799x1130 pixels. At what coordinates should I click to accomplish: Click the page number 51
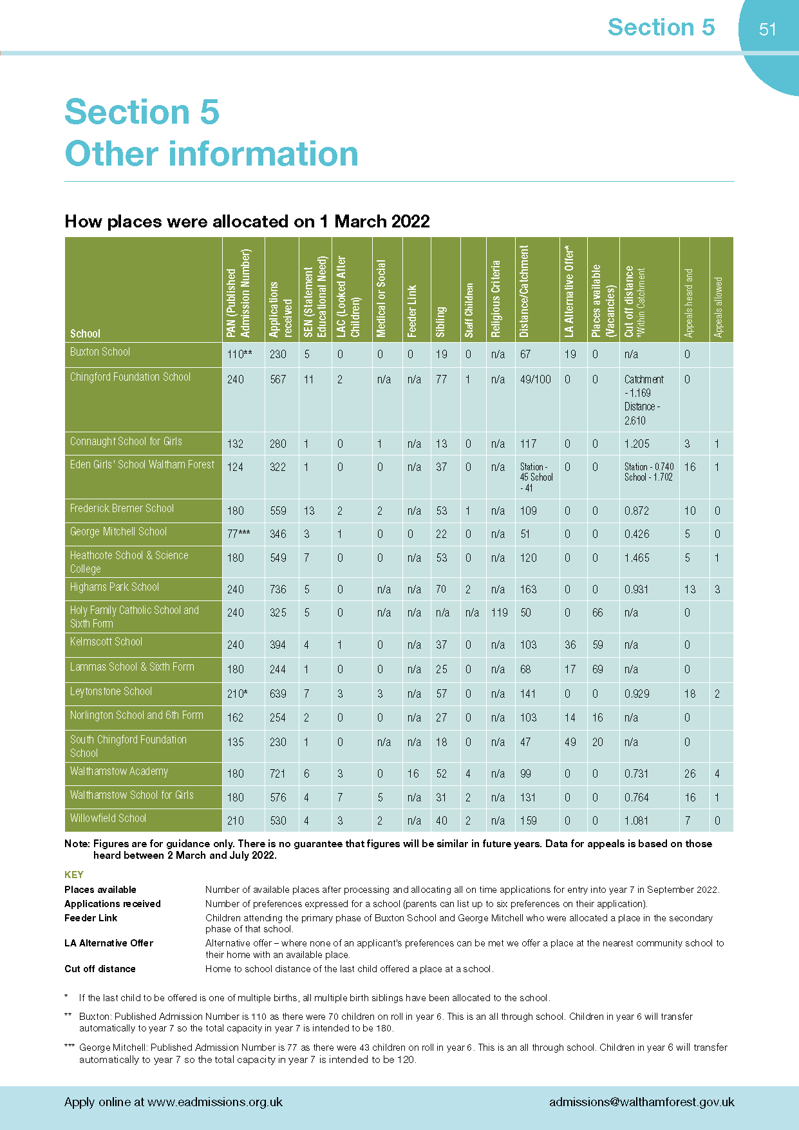pos(767,29)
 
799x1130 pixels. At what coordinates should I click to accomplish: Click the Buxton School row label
pos(100,352)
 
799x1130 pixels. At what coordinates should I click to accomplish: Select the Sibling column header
pos(441,321)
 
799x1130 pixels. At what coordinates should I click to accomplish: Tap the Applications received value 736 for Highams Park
pos(278,589)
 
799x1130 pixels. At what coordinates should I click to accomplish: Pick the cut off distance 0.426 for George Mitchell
pos(637,534)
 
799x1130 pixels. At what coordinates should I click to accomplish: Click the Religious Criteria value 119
pos(499,613)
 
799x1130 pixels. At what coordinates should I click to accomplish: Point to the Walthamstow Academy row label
pos(119,771)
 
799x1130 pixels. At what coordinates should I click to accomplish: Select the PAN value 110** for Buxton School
pos(240,354)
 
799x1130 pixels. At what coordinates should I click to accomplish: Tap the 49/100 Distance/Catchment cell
pos(536,379)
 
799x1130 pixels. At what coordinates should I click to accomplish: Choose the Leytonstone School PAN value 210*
pos(237,694)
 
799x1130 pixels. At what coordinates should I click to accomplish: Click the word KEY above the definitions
pos(74,874)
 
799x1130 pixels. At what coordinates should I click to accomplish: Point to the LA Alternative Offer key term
pos(109,943)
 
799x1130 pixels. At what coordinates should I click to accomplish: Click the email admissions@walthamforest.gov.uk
pos(642,1102)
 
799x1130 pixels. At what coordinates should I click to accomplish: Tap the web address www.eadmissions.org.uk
pos(215,1102)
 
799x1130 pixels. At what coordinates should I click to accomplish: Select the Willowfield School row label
pos(108,818)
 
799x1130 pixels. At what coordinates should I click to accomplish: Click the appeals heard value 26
pos(690,774)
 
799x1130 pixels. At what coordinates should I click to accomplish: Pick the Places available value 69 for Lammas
pos(597,669)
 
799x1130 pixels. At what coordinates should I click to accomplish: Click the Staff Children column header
pos(469,310)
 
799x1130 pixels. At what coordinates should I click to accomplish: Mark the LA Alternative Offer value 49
pos(570,742)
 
